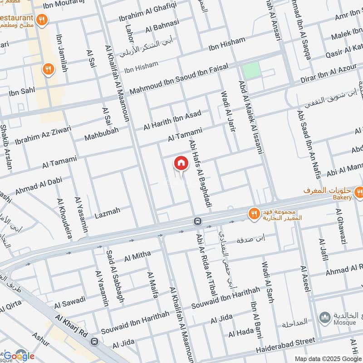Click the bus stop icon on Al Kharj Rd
coord(94,340)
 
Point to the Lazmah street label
coord(108,211)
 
